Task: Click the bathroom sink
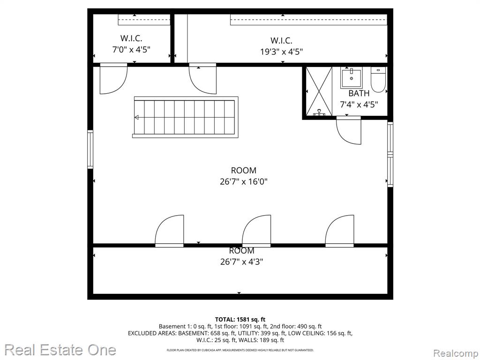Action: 352,78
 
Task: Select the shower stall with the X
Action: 319,91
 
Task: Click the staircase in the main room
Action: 185,117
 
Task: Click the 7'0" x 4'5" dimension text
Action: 131,50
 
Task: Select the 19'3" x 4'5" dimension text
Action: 282,52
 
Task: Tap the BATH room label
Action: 359,93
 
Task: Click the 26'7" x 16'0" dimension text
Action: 244,182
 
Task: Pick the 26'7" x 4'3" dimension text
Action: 242,262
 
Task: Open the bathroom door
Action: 349,131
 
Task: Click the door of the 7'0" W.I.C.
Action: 113,79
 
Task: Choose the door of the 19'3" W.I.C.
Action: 202,79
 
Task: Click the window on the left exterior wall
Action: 90,150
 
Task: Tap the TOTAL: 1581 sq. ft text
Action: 240,320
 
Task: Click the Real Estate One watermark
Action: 60,350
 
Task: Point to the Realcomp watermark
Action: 456,353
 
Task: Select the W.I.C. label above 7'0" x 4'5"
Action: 131,38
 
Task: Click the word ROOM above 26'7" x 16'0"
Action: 244,171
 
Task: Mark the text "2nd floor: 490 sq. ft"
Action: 296,327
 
